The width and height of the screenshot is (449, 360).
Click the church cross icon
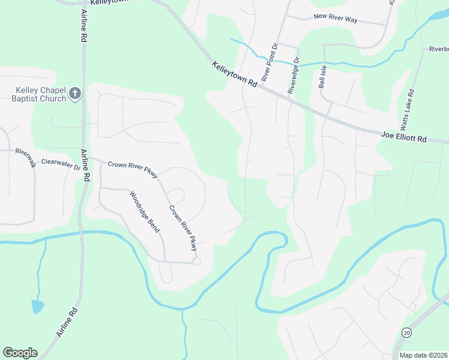coord(75,94)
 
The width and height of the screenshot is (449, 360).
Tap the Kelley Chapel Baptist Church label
coord(41,94)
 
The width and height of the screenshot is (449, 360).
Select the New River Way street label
coord(336,20)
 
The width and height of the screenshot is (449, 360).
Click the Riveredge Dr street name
coord(293,76)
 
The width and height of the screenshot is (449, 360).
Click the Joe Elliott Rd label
coord(403,137)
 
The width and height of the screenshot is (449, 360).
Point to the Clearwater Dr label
coord(61,164)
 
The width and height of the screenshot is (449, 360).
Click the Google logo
coord(20,353)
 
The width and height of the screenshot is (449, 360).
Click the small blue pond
coord(37,307)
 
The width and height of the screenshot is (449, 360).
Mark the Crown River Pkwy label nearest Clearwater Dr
coord(133,170)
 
